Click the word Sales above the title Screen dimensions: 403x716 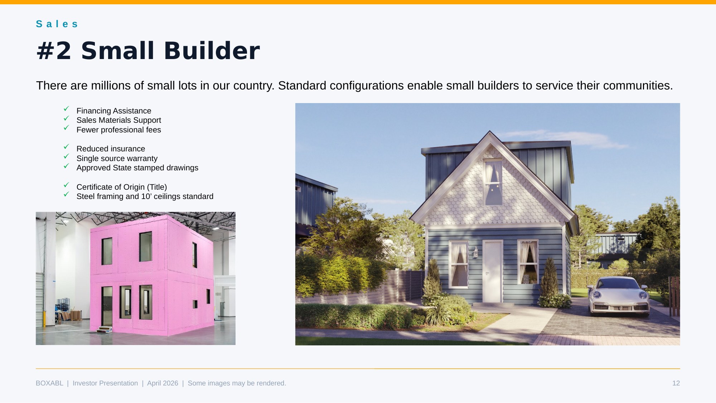click(x=57, y=24)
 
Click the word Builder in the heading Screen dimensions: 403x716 click(x=212, y=51)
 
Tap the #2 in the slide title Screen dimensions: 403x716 click(x=54, y=51)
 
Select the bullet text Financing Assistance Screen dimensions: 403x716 click(x=113, y=111)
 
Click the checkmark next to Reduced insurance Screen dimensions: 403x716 click(x=66, y=147)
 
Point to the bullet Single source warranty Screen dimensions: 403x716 click(x=117, y=159)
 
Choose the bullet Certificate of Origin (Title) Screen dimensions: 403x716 click(x=121, y=187)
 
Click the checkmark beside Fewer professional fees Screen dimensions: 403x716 click(x=66, y=128)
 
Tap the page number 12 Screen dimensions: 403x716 click(x=676, y=383)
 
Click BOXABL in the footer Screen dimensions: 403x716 click(x=49, y=383)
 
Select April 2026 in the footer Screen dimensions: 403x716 click(x=163, y=383)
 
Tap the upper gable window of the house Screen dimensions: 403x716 click(x=493, y=183)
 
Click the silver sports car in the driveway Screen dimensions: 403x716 click(x=618, y=296)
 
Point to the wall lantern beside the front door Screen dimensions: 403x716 click(x=475, y=253)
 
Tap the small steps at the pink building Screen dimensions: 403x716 click(x=105, y=330)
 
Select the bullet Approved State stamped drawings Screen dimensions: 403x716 click(x=137, y=168)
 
